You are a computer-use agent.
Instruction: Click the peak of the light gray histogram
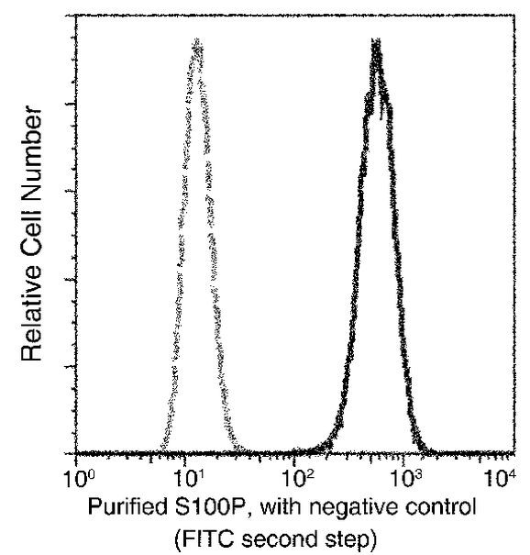pos(195,42)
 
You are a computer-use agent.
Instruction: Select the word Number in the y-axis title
pos(35,148)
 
